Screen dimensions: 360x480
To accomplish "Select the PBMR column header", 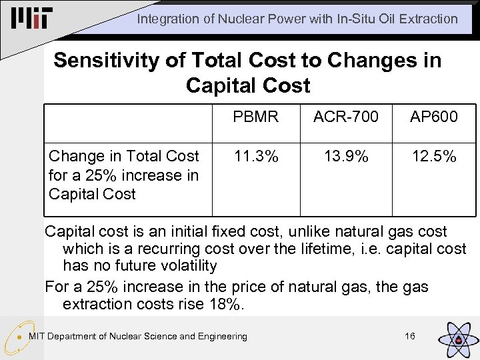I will (255, 117).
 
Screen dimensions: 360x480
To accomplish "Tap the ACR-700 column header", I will (346, 117).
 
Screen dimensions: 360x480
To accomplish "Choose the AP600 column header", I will (434, 117).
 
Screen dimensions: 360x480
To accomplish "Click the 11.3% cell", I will (255, 157).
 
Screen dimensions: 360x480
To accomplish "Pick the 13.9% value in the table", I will (346, 157).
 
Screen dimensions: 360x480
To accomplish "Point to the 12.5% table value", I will (434, 157).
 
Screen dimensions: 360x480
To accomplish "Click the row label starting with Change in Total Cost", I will (124, 175).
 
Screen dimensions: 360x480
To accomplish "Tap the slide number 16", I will (410, 336).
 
